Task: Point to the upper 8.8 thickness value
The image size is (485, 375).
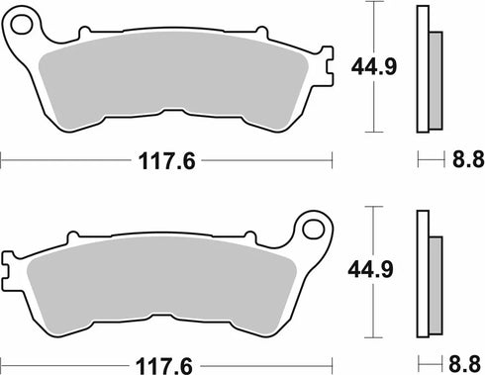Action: tap(462, 158)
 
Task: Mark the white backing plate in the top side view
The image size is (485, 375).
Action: tap(424, 69)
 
